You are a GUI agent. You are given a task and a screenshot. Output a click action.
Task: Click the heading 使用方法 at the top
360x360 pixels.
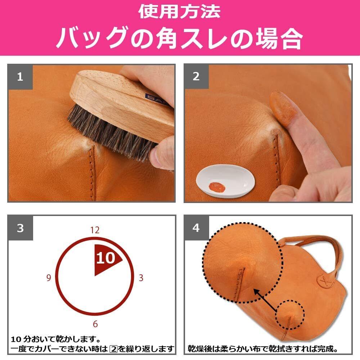(x=179, y=11)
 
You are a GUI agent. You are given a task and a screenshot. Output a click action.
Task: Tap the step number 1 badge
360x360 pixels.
(x=20, y=77)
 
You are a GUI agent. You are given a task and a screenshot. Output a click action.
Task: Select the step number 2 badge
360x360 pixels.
(x=196, y=76)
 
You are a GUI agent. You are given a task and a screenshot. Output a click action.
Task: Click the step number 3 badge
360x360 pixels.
(x=21, y=228)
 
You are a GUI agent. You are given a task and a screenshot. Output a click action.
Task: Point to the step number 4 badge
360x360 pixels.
(x=196, y=228)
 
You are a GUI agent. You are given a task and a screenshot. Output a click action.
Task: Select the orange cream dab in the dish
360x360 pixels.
(x=217, y=187)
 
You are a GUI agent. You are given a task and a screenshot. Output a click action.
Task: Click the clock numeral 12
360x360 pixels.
(x=95, y=230)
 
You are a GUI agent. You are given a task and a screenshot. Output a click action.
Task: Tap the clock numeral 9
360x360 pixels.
(x=49, y=278)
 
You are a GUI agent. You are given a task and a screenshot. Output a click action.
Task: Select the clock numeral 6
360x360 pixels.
(x=95, y=324)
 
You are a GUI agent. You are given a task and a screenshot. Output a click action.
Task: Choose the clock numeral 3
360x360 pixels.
(x=141, y=278)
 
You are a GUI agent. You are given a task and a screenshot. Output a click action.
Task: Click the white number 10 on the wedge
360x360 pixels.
(x=105, y=258)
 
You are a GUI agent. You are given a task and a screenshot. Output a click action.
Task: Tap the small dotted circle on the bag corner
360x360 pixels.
(x=290, y=315)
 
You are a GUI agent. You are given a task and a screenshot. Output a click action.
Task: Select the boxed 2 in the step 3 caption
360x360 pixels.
(x=113, y=349)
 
